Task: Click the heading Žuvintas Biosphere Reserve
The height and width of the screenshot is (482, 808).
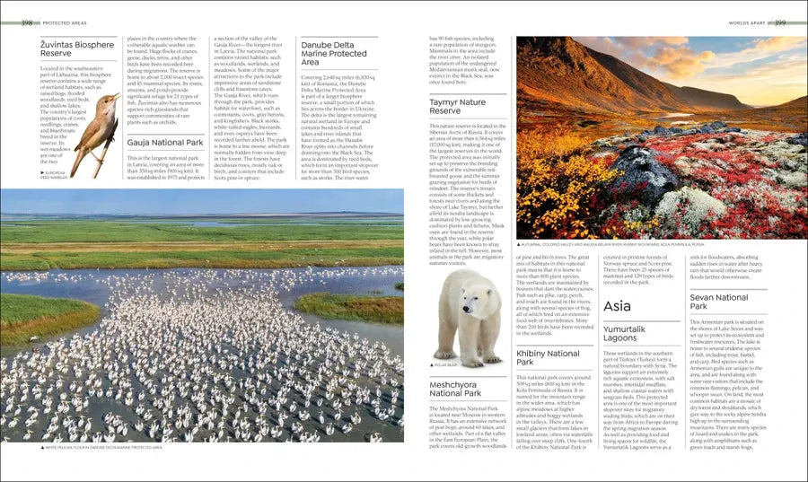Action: tap(77, 49)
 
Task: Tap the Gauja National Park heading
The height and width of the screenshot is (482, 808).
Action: tap(165, 143)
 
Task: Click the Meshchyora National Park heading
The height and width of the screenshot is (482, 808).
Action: tap(457, 389)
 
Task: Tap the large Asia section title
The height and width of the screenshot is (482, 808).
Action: tap(618, 307)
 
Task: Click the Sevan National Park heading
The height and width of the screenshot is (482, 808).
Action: tap(719, 302)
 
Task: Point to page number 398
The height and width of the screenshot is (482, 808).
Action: tap(29, 22)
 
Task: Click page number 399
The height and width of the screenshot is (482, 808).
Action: tap(779, 22)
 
